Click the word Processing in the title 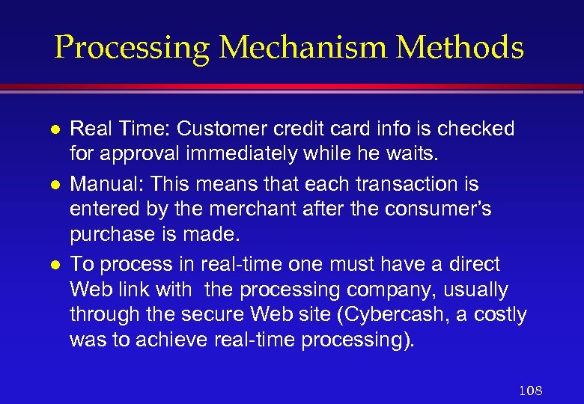pyautogui.click(x=133, y=48)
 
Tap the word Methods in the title pyautogui.click(x=460, y=48)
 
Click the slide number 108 pyautogui.click(x=530, y=390)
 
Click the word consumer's pyautogui.click(x=438, y=210)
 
